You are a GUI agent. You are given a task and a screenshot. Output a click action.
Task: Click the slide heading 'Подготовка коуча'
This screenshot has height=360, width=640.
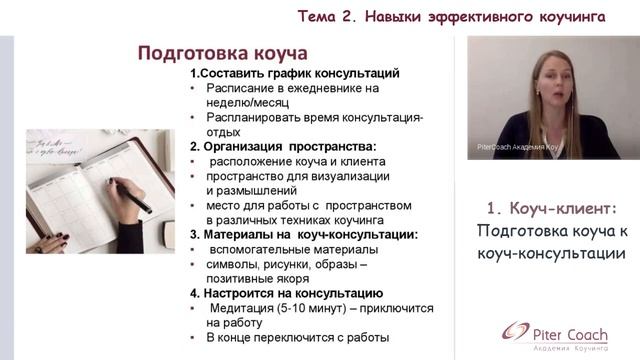(222, 52)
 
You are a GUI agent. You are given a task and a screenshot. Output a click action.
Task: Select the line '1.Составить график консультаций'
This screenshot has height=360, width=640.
(295, 73)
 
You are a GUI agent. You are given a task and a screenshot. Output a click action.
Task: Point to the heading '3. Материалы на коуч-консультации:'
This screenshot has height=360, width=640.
(304, 234)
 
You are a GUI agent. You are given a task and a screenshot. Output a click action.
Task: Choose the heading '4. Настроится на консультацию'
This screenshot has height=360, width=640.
(286, 293)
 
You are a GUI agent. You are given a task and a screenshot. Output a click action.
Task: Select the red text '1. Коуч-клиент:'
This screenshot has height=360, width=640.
(552, 208)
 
